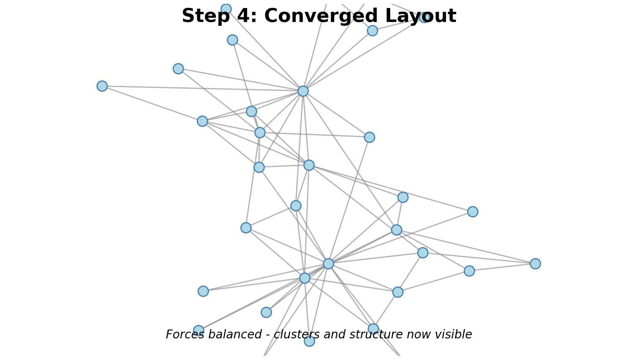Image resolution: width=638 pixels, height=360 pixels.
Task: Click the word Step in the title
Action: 203,16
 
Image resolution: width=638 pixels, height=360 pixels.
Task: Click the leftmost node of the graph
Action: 102,86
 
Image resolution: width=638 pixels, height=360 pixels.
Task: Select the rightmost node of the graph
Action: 535,264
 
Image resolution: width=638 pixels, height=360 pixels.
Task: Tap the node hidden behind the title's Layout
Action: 425,17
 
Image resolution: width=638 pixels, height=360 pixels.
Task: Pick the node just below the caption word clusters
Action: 309,341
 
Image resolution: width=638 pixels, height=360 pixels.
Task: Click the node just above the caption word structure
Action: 373,328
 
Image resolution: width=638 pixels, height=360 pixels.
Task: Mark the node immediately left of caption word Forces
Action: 198,330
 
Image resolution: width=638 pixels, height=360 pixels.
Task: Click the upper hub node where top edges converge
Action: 303,91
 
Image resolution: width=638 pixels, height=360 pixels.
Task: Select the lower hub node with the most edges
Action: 328,264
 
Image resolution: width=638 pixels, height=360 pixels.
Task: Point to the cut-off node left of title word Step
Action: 226,9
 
